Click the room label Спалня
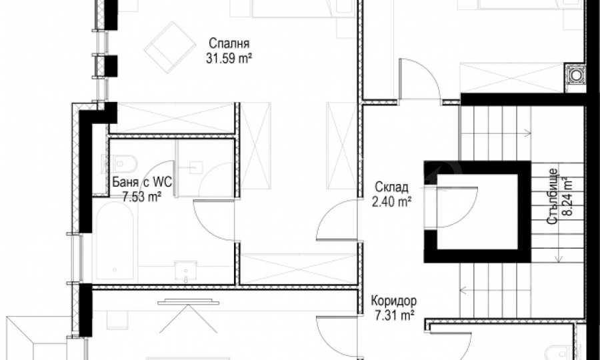point(229,43)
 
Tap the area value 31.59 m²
point(229,59)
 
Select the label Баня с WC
point(142,182)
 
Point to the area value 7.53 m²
point(141,197)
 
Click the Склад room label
point(391,187)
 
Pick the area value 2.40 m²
point(391,201)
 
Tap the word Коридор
point(394,301)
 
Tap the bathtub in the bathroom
point(115,241)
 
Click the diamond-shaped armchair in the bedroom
point(170,47)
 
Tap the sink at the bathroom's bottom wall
point(185,271)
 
